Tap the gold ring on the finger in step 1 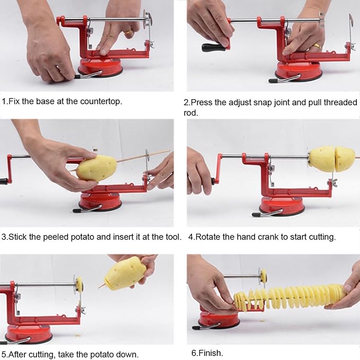click(128, 32)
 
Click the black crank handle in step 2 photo click(214, 47)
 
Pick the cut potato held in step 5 click(125, 273)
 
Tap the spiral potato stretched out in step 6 click(289, 297)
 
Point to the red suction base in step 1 click(100, 67)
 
